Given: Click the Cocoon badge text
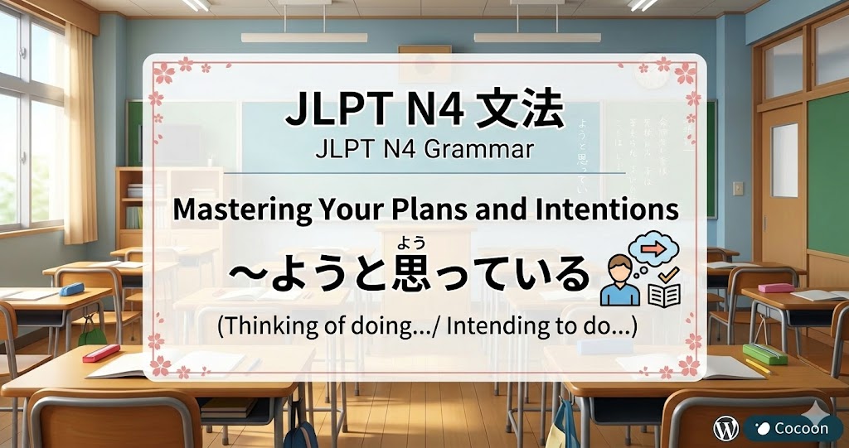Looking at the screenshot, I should (800, 428).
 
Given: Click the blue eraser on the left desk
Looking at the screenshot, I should (72, 288).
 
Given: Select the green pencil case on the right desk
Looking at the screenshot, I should (764, 354).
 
